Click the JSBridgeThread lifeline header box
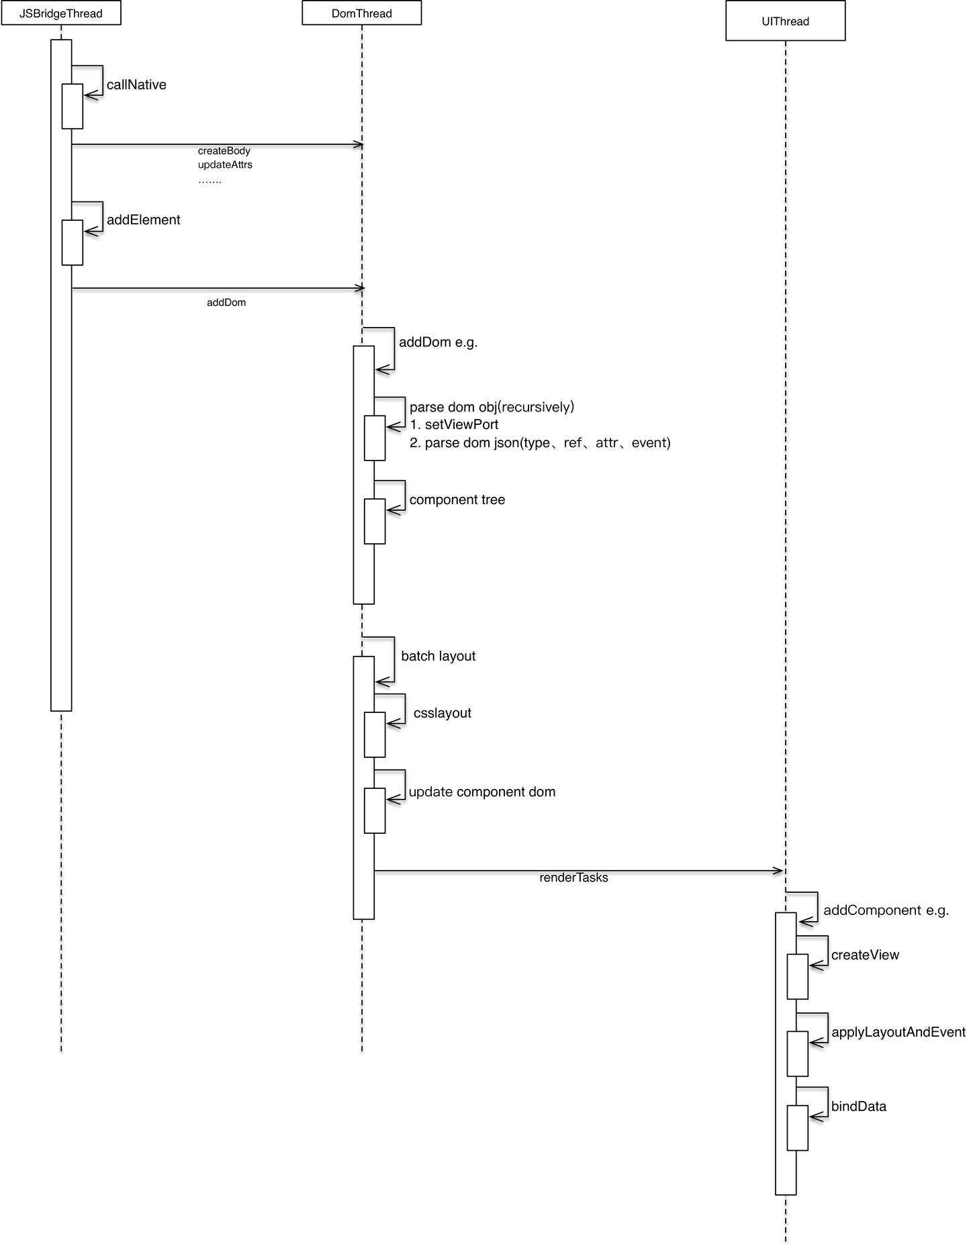tap(61, 13)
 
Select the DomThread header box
tap(362, 13)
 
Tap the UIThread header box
tap(786, 21)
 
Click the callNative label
tap(136, 85)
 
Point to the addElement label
tap(144, 220)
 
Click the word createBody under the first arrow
tap(224, 151)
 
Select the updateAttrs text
tap(225, 164)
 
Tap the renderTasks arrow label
tap(573, 877)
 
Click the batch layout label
tap(439, 656)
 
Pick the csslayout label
tap(443, 713)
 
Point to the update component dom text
tap(482, 792)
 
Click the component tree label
tap(457, 500)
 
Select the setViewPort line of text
tap(454, 425)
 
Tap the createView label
tap(865, 955)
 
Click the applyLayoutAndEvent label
tap(899, 1033)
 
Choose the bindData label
tap(859, 1106)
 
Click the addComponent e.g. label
tap(886, 911)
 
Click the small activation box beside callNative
tap(73, 106)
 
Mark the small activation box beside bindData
tap(798, 1128)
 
